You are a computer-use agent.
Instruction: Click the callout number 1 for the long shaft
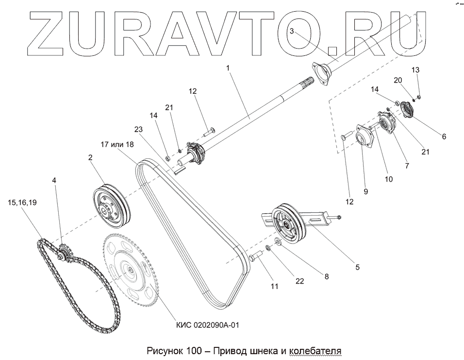[x=228, y=69]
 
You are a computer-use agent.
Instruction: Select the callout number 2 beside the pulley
[x=90, y=157]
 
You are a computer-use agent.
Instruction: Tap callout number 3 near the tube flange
[x=292, y=31]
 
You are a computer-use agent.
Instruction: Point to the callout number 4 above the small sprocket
[x=54, y=180]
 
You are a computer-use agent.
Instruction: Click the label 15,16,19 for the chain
[x=22, y=202]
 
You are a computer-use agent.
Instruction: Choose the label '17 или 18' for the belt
[x=117, y=144]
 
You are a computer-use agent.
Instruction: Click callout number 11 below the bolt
[x=274, y=287]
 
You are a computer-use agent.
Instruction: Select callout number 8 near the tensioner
[x=326, y=277]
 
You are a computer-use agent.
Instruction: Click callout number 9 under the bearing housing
[x=366, y=191]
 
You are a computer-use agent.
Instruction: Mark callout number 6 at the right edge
[x=444, y=137]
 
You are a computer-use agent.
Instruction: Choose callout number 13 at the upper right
[x=415, y=70]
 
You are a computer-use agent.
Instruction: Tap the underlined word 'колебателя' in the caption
[x=315, y=350]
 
